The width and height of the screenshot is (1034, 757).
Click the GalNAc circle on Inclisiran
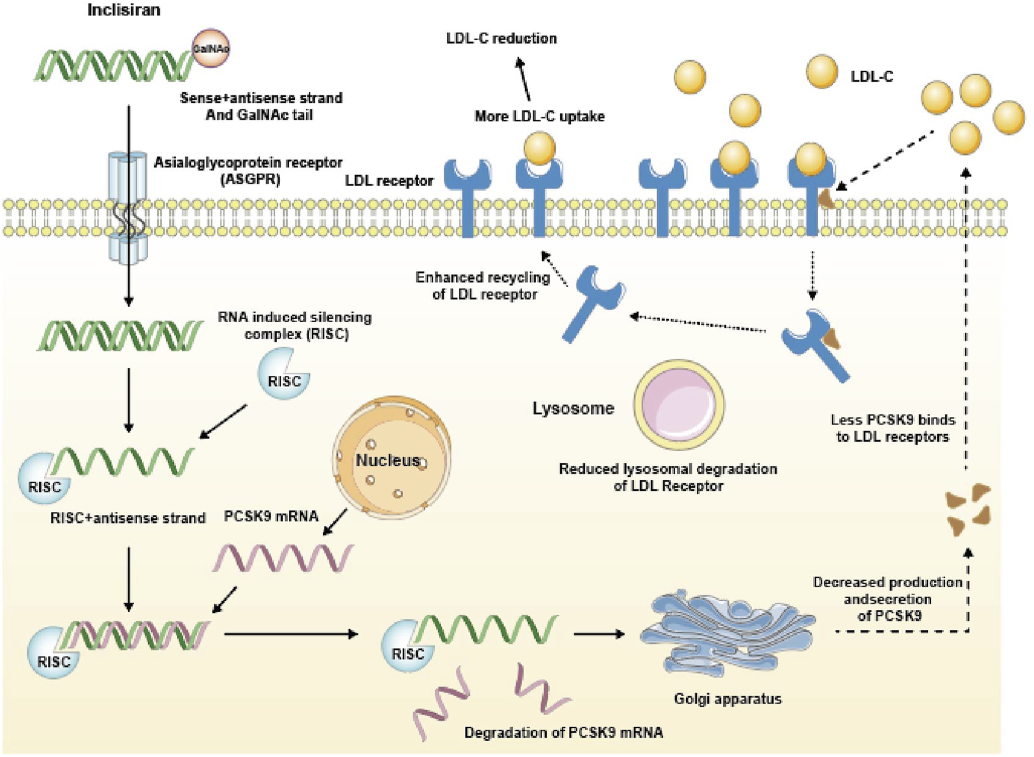[x=211, y=48]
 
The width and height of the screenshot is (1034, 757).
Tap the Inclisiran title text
[x=124, y=10]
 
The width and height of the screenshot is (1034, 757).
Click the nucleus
[x=392, y=458]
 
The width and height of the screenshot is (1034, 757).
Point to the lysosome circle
[x=679, y=404]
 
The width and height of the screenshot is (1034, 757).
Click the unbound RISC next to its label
[x=284, y=374]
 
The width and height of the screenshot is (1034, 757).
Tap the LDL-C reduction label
[x=501, y=39]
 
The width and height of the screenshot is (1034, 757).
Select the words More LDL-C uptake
[x=539, y=116]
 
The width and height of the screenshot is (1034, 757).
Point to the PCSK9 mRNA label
[x=271, y=516]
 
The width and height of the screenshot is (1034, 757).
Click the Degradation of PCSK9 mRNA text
[x=563, y=732]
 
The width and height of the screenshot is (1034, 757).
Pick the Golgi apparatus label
[x=727, y=699]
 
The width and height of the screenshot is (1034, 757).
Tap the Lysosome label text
[x=573, y=408]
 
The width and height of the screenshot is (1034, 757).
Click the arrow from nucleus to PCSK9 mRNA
[x=335, y=522]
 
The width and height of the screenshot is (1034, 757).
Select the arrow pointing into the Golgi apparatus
[x=599, y=633]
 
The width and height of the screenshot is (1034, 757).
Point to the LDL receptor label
[x=389, y=181]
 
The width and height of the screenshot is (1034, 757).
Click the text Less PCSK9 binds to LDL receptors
[x=893, y=428]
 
